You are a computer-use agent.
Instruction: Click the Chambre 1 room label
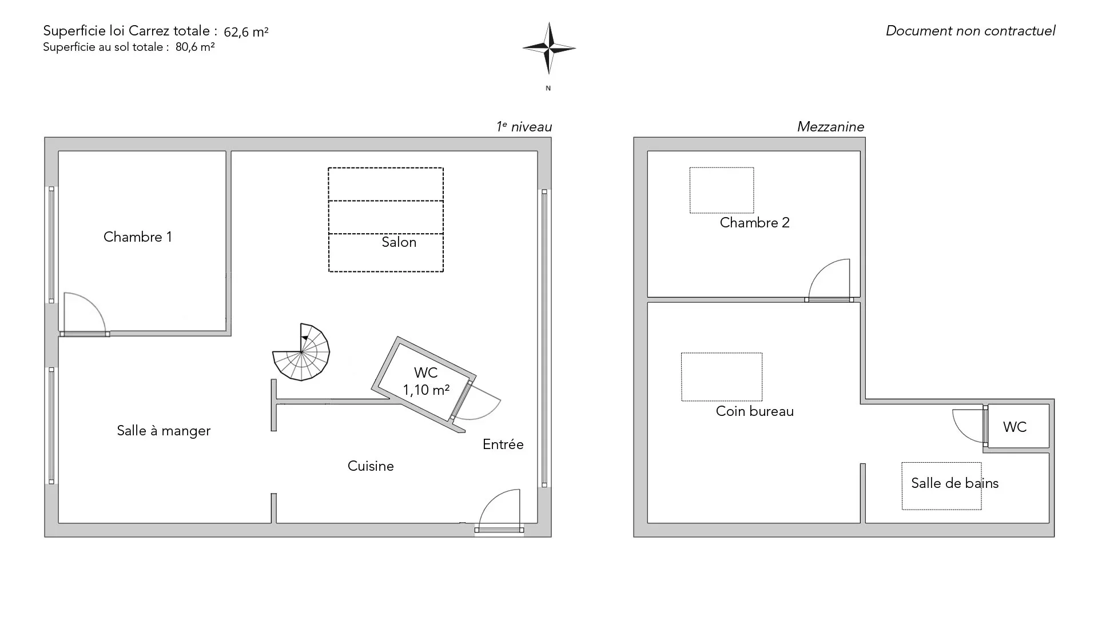[138, 237]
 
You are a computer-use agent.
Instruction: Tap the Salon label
[399, 242]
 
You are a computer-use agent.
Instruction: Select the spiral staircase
[301, 352]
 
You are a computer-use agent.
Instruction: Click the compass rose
[549, 48]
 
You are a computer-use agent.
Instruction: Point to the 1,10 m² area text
[426, 390]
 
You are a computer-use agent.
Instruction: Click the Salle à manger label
[164, 431]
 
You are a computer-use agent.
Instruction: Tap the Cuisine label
[371, 466]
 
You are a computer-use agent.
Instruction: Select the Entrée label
[503, 444]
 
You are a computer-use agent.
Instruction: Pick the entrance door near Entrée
[499, 511]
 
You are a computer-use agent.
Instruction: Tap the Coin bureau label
[755, 411]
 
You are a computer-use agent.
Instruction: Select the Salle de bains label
[955, 483]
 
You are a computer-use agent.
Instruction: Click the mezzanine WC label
[1015, 427]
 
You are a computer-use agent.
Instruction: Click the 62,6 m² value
[246, 32]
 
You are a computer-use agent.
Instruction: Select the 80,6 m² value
[195, 47]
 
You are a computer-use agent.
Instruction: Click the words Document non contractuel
[970, 31]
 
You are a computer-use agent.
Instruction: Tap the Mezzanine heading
[831, 127]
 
